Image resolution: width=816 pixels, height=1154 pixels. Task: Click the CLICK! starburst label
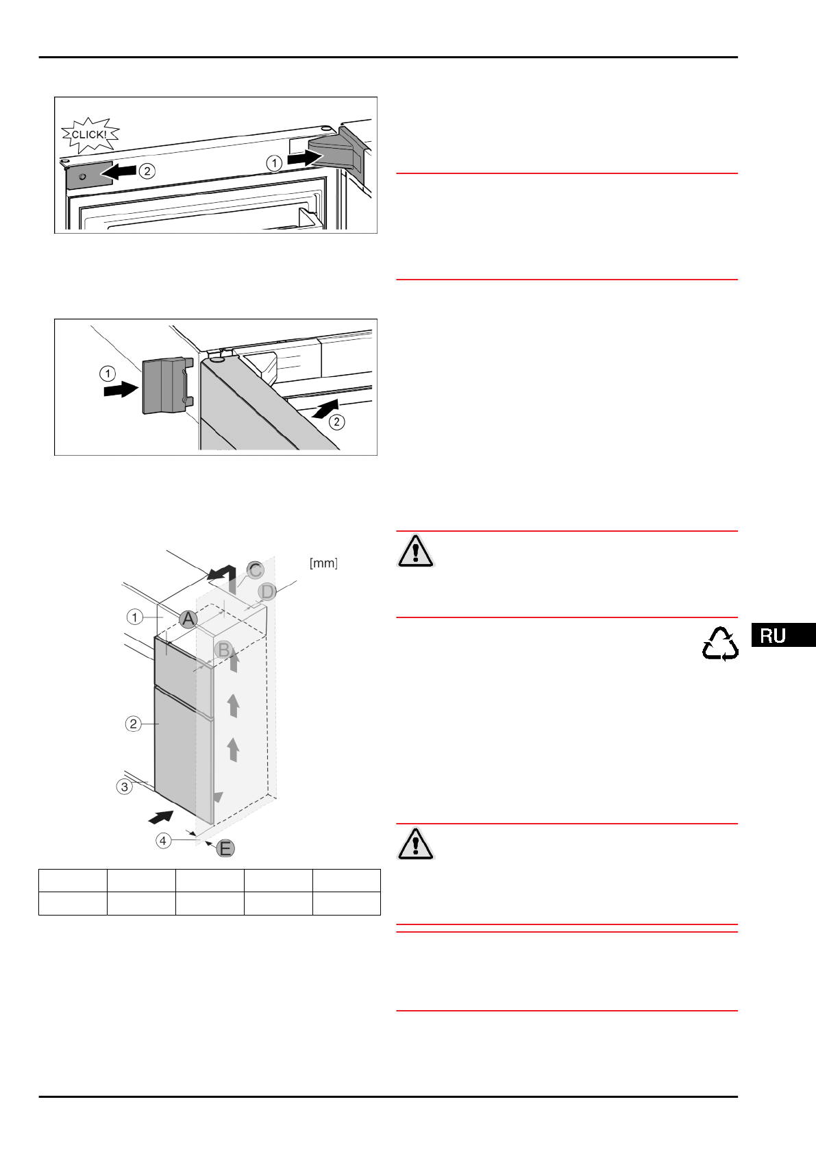point(90,134)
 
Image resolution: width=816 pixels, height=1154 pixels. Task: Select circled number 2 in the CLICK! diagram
point(147,171)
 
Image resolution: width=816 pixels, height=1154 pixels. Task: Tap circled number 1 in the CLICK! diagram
point(274,162)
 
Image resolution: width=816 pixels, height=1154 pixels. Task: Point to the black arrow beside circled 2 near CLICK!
point(120,171)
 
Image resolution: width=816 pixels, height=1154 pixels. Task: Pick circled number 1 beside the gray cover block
point(108,373)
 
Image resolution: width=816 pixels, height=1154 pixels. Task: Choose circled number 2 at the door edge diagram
point(336,421)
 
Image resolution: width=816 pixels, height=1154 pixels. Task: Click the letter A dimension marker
point(188,619)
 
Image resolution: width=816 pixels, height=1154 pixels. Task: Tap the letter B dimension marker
point(223,649)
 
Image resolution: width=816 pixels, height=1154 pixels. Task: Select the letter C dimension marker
point(255,570)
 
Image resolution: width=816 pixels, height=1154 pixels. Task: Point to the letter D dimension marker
point(267,591)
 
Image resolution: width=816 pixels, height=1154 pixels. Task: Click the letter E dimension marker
point(225,848)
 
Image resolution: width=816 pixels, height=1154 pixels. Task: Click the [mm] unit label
point(323,563)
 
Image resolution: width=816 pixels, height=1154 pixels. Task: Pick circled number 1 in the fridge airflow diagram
point(134,617)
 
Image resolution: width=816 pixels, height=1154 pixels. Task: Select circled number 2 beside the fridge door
point(134,724)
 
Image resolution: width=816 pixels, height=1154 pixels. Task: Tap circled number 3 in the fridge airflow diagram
point(124,787)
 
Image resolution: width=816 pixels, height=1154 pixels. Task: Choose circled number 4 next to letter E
point(163,840)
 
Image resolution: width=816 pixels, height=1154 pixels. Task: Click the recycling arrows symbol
point(720,644)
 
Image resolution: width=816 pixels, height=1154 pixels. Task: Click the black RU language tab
point(782,635)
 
